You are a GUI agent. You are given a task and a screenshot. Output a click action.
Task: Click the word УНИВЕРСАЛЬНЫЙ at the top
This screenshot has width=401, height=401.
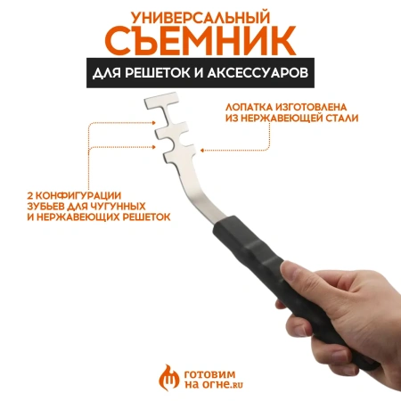click(200, 17)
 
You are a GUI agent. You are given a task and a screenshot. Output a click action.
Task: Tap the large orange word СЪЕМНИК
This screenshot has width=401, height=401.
click(200, 43)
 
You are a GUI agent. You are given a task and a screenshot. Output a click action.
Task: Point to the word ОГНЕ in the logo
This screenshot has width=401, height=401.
click(198, 384)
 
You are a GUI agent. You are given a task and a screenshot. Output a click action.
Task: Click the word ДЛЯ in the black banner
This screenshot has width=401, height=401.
click(113, 75)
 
